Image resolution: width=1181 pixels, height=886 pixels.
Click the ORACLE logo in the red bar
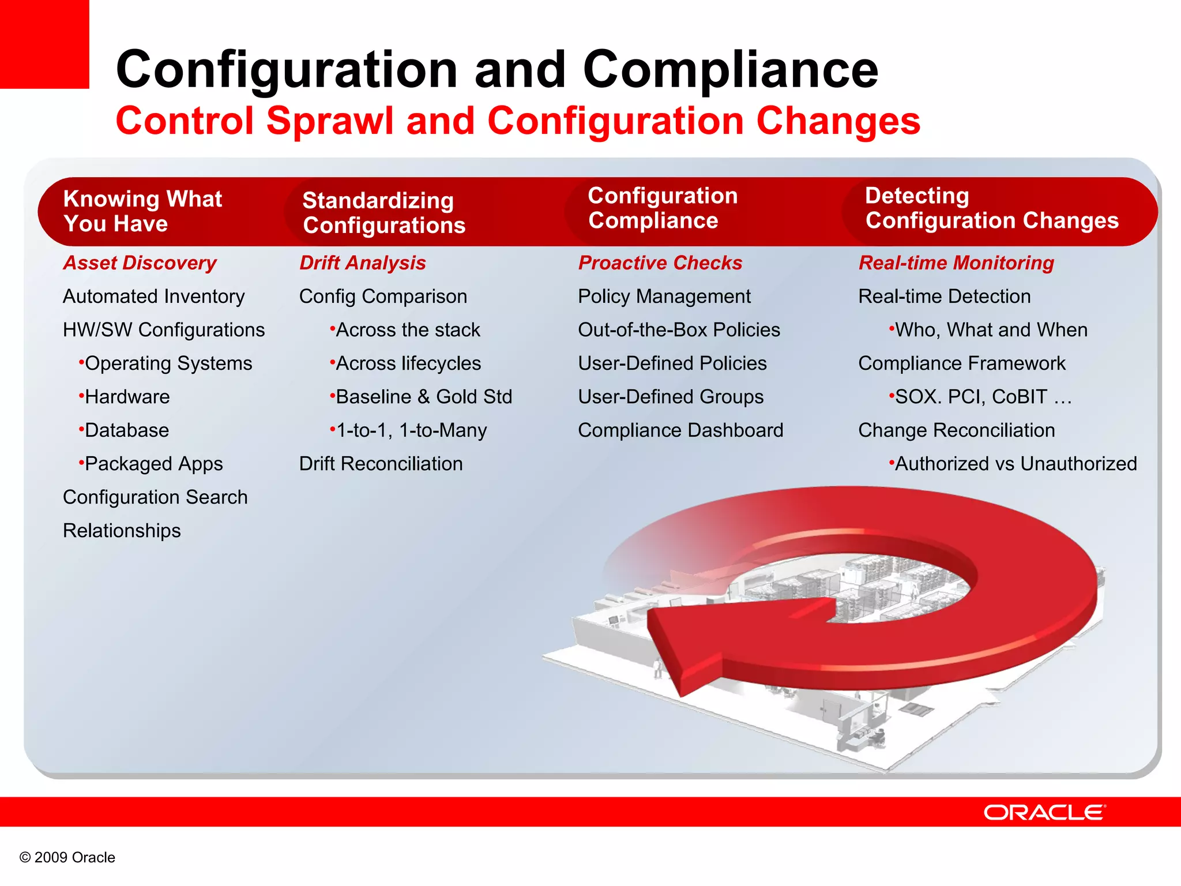tap(1044, 812)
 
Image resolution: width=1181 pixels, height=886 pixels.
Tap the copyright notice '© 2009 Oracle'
tap(67, 857)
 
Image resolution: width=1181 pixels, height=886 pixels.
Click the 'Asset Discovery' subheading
tap(140, 263)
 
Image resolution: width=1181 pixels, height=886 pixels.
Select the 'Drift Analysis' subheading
tap(363, 263)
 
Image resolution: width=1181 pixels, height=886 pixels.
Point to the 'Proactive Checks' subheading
tap(660, 263)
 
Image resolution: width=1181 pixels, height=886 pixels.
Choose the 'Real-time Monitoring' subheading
tap(956, 263)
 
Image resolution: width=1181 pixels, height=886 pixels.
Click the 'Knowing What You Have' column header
tap(142, 211)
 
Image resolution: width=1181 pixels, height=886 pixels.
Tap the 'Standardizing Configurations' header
tap(383, 212)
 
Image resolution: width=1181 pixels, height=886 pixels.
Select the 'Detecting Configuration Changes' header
tap(991, 208)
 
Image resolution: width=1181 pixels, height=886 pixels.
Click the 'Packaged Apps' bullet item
tap(153, 464)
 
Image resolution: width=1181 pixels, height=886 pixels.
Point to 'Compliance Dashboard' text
tap(680, 430)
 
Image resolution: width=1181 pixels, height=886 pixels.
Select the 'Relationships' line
tap(122, 531)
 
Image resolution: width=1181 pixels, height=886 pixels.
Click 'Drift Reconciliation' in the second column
tap(381, 464)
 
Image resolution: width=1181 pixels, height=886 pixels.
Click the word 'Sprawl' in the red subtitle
tap(330, 121)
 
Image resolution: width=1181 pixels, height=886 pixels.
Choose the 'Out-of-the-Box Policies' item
tap(679, 330)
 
